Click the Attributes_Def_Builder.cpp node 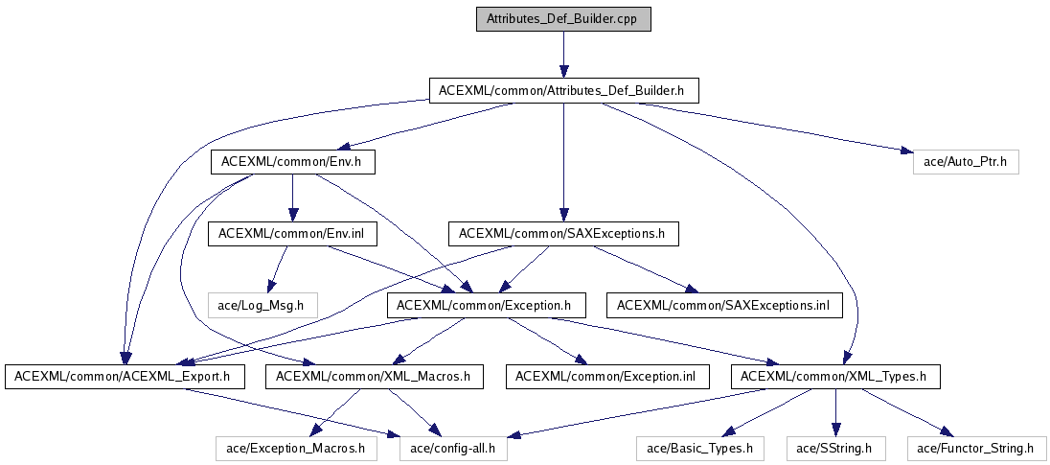click(562, 18)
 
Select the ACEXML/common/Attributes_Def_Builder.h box click(562, 90)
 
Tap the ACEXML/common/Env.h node click(291, 162)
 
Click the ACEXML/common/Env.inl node click(268, 233)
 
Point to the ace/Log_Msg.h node click(261, 305)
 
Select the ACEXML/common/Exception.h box click(485, 305)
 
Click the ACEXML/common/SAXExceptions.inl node click(723, 305)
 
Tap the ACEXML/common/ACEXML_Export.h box click(123, 376)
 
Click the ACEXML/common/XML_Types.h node click(834, 376)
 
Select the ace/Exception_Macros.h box click(295, 448)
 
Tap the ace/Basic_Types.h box click(699, 448)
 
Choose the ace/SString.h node click(835, 448)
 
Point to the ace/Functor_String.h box click(975, 448)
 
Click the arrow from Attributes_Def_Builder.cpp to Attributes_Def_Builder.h click(562, 54)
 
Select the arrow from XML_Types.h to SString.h click(835, 412)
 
